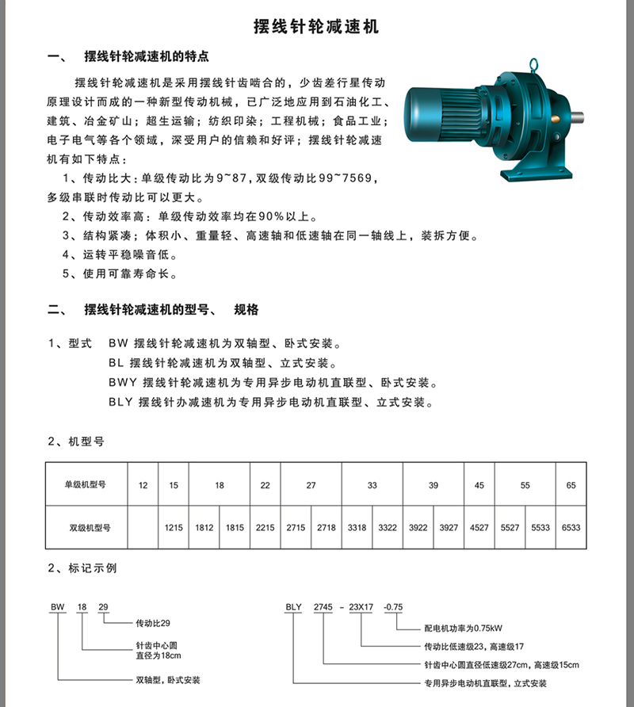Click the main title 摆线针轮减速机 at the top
pyautogui.click(x=316, y=27)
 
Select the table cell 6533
pyautogui.click(x=571, y=526)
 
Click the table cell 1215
pyautogui.click(x=174, y=526)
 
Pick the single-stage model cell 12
pyautogui.click(x=143, y=485)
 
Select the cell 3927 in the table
pyautogui.click(x=449, y=526)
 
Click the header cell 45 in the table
pyautogui.click(x=479, y=485)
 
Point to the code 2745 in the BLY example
pyautogui.click(x=323, y=607)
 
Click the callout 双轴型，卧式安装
pyautogui.click(x=169, y=680)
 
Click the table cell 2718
pyautogui.click(x=327, y=526)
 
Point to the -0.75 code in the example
pyautogui.click(x=393, y=607)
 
